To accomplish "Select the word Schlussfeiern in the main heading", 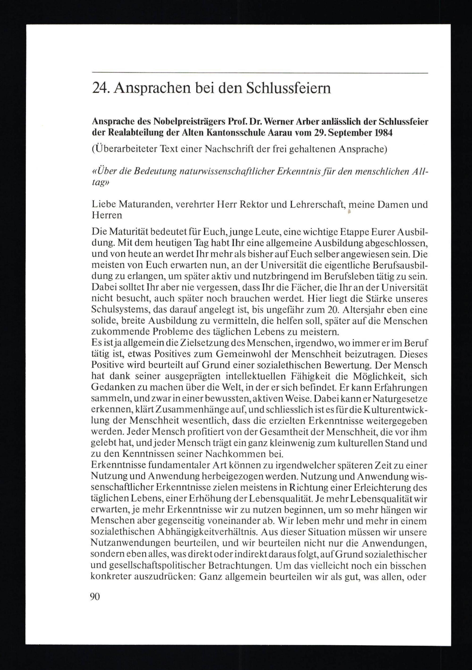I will (x=289, y=88).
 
